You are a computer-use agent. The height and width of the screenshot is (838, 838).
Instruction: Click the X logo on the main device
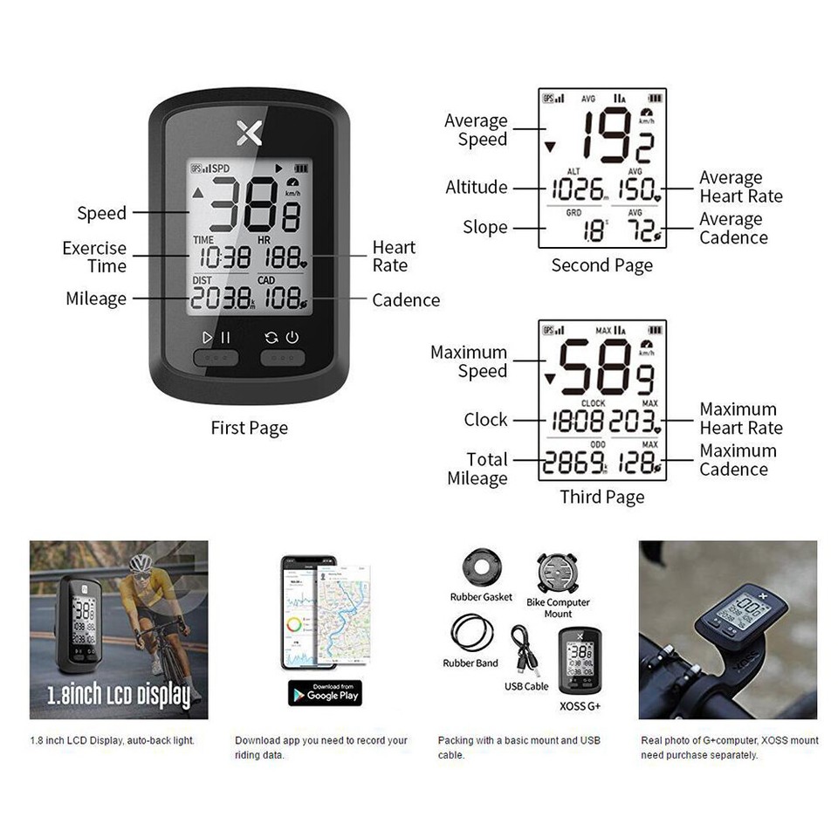click(x=249, y=133)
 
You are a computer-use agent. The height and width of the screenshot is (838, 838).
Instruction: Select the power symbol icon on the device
click(x=292, y=337)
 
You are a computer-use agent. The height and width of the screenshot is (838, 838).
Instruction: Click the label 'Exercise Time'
click(x=94, y=257)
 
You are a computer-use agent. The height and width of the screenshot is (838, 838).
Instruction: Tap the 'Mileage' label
click(x=96, y=299)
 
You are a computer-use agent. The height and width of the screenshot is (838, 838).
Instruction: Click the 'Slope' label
click(x=485, y=227)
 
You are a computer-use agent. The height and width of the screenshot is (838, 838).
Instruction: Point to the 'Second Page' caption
click(x=601, y=265)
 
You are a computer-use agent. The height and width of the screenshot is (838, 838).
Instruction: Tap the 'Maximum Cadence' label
click(x=738, y=460)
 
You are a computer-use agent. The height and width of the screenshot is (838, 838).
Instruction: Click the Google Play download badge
click(x=325, y=692)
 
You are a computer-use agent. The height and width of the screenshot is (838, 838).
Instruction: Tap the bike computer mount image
click(x=558, y=574)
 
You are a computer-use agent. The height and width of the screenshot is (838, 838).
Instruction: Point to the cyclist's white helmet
click(x=141, y=563)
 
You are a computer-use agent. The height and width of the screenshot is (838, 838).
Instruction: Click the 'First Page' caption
click(x=249, y=428)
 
